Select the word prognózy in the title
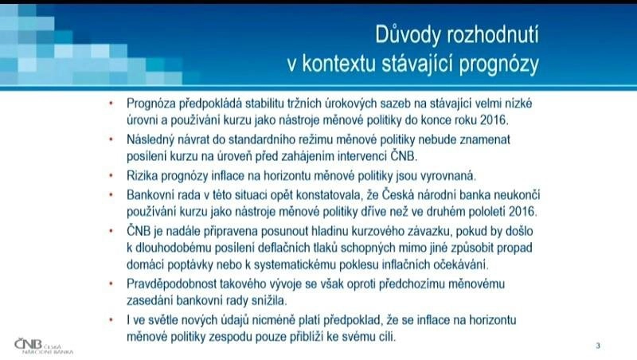499,64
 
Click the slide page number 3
598,346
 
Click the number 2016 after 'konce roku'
493,119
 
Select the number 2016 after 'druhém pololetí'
522,212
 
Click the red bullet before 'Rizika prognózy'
111,176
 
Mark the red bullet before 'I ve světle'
111,320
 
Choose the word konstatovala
329,195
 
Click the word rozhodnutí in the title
493,36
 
